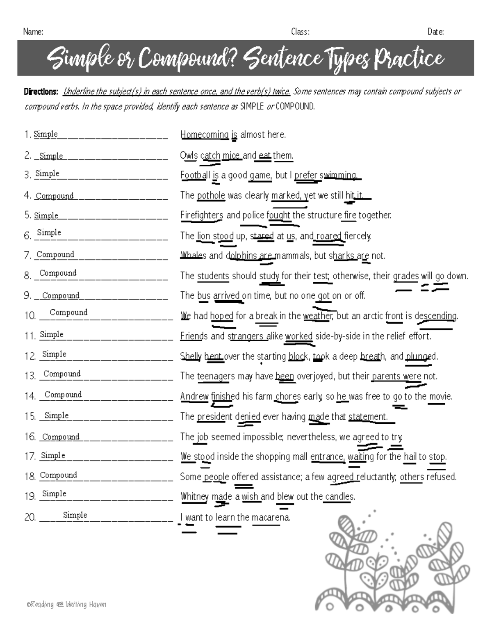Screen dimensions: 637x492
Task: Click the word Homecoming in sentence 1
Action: tap(204, 135)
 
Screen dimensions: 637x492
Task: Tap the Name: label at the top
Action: tap(33, 32)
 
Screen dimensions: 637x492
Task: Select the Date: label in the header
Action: tap(435, 32)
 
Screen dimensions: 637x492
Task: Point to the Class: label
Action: tap(300, 32)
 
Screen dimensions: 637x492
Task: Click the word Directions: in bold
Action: tap(41, 91)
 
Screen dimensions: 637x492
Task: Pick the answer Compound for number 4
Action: tap(55, 196)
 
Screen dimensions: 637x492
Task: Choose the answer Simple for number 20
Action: tap(75, 515)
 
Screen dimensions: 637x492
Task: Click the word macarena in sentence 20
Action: tap(271, 517)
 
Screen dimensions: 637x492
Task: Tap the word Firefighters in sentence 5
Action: tap(202, 215)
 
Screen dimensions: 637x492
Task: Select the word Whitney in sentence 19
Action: tap(195, 496)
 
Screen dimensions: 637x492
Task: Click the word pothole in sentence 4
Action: tap(211, 195)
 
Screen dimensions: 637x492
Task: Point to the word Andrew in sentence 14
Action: tap(194, 396)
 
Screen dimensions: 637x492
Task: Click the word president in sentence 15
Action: tap(214, 416)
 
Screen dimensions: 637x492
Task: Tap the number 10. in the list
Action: tap(30, 315)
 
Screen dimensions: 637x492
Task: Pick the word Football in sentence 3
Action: tap(195, 175)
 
